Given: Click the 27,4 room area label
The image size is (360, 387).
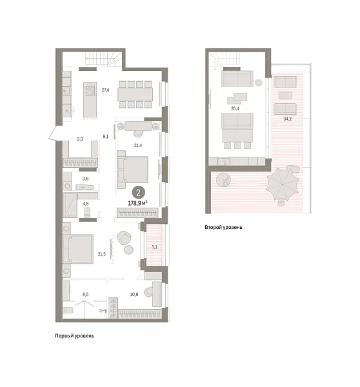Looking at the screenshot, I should (105, 90).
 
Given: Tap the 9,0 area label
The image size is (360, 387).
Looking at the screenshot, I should (81, 138).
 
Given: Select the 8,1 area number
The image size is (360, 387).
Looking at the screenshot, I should (105, 136).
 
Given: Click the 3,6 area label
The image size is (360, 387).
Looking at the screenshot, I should (85, 179).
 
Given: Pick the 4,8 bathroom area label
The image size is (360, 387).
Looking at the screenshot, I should (85, 204).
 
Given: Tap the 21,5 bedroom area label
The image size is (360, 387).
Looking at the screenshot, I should (101, 253).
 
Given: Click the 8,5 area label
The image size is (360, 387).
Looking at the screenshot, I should (85, 295).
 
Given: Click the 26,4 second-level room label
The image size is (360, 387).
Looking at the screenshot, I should (235, 108).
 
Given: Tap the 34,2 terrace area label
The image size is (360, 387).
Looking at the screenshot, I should (286, 119).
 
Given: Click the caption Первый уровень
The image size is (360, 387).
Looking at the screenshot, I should (74, 336).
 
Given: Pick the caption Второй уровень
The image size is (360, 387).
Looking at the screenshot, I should (224, 228).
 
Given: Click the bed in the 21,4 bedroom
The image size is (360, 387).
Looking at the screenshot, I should (134, 168).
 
